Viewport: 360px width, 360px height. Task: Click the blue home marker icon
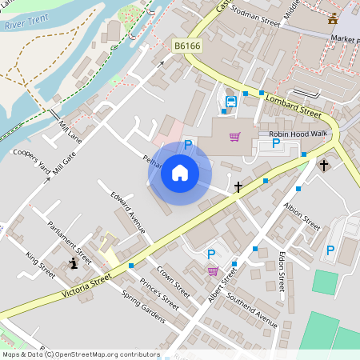click(x=179, y=172)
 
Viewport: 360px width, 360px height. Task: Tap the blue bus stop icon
click(x=230, y=102)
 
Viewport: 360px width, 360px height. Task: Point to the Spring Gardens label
click(x=142, y=307)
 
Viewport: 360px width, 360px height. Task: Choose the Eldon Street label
click(x=282, y=272)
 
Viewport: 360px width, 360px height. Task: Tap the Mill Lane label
click(x=71, y=127)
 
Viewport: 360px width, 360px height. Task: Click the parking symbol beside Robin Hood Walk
click(x=276, y=144)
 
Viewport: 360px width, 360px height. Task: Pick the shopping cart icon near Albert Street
click(x=213, y=271)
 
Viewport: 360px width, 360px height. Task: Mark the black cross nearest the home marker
click(x=238, y=187)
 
